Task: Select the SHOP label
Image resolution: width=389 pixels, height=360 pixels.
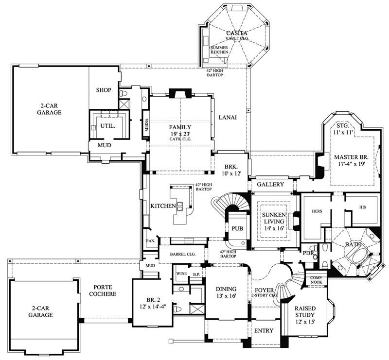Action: click(104, 90)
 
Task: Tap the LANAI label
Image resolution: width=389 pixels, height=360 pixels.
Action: click(228, 117)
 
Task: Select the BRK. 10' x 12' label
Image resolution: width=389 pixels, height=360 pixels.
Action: click(230, 170)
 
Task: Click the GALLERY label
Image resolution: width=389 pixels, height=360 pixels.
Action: click(270, 185)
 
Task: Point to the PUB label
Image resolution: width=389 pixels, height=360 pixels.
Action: click(237, 227)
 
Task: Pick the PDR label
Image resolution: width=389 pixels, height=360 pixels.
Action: click(307, 253)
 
